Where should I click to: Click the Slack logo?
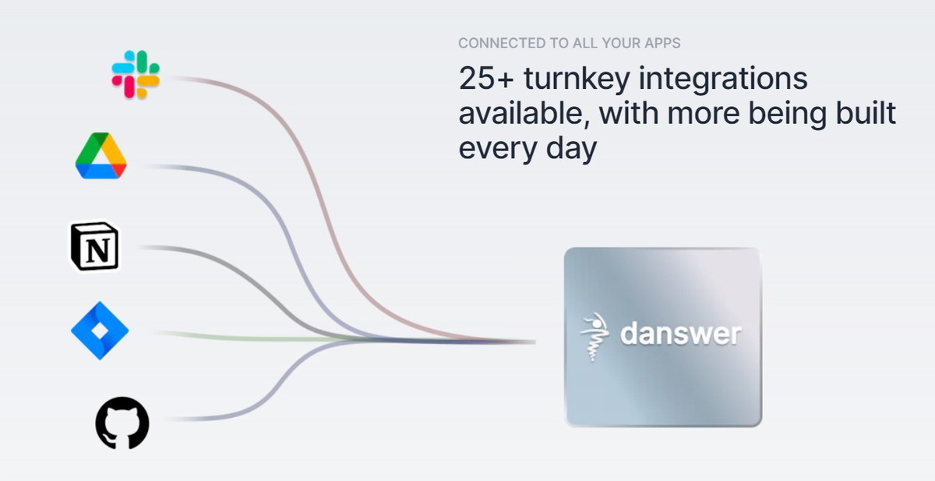136,75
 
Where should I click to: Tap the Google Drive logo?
101,156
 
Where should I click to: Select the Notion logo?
94,246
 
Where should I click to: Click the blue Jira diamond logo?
100,331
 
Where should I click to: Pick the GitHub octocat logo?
122,423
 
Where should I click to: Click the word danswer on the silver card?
681,334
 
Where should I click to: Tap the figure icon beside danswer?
594,337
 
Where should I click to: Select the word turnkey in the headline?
577,80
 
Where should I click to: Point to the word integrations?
723,80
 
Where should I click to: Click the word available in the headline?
524,113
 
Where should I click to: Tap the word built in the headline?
866,112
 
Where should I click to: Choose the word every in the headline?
498,149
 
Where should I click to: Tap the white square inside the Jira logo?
100,331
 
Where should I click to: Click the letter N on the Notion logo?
97,250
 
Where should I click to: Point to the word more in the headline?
704,115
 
